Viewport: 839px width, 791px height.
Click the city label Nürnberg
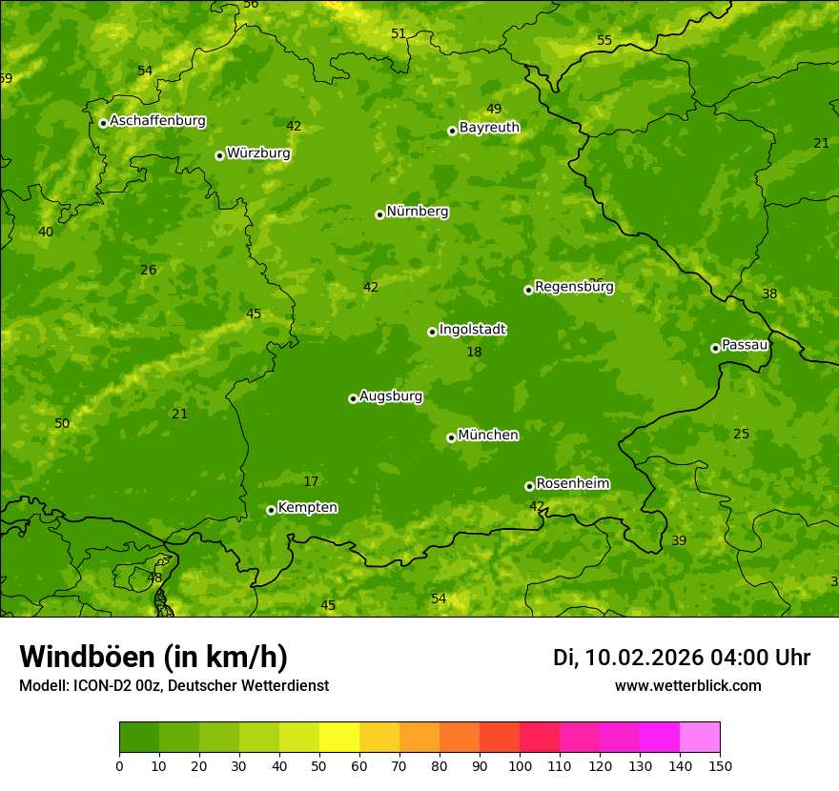[x=417, y=212]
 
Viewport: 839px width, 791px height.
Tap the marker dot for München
[x=451, y=437]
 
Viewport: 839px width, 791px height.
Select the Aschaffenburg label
[x=157, y=121]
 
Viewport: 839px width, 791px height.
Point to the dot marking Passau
[x=715, y=348]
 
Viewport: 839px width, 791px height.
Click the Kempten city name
[x=307, y=508]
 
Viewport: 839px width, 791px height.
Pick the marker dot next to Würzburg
[x=219, y=155]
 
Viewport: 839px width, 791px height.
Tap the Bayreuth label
[x=489, y=128]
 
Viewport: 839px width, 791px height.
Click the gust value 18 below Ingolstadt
[x=474, y=353]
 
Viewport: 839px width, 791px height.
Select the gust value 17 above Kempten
[x=311, y=482]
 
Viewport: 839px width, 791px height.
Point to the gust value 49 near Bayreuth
[x=494, y=110]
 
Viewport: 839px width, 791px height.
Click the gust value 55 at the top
[x=604, y=40]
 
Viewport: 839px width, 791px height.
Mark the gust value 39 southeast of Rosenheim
[x=679, y=541]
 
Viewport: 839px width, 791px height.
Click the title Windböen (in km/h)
[x=153, y=657]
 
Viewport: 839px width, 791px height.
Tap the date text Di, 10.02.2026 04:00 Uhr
[x=682, y=658]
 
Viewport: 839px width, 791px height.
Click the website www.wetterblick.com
[x=687, y=686]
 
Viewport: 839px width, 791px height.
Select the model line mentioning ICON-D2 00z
[x=174, y=686]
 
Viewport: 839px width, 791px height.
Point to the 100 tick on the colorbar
[x=520, y=765]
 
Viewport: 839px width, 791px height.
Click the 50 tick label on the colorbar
[x=319, y=765]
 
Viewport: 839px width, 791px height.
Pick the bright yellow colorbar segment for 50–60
[x=339, y=738]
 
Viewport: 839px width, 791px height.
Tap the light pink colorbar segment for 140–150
[x=700, y=738]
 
